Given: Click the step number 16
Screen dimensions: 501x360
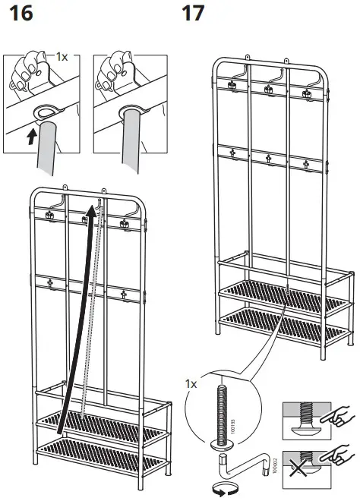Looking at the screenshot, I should pyautogui.click(x=17, y=13).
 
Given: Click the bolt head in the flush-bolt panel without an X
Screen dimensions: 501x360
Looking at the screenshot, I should pyautogui.click(x=307, y=425).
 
